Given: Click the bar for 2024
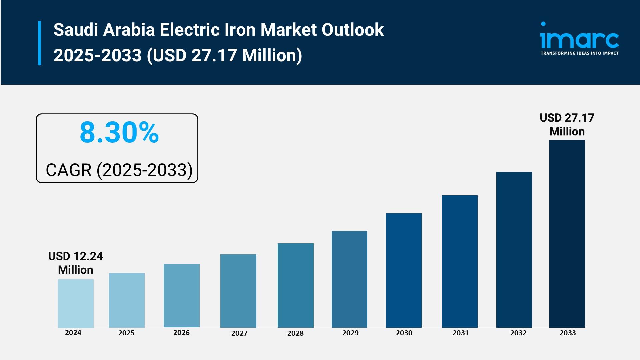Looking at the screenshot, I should [76, 303].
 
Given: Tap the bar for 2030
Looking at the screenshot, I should [404, 270].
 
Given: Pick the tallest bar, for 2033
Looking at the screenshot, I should [567, 234].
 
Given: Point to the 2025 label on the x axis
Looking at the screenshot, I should [126, 333].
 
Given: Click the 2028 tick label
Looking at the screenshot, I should [295, 333].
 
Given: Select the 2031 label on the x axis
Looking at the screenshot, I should [460, 333].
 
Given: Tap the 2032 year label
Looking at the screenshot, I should [518, 333].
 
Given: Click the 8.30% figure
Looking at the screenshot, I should [119, 133].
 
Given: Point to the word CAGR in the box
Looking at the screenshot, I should [68, 170].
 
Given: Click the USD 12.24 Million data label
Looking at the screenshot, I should [76, 263].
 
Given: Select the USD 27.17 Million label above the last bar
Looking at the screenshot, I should [567, 124].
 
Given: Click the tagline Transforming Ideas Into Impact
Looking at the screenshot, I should [579, 53].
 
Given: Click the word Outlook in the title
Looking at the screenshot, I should [352, 30].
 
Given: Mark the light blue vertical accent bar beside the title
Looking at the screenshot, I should [40, 43].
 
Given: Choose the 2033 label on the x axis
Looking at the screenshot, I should [568, 333].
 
